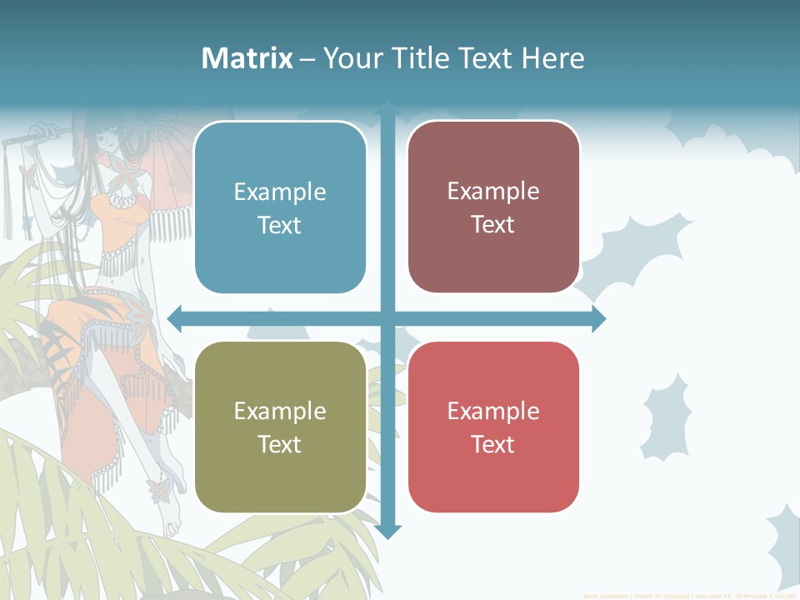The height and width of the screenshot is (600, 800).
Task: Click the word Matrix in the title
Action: [x=247, y=58]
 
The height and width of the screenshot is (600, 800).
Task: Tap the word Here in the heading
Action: [x=552, y=58]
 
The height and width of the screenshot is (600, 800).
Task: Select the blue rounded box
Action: [x=280, y=207]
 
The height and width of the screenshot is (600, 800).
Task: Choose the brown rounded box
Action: [x=493, y=207]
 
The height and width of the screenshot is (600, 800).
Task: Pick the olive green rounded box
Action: [x=280, y=427]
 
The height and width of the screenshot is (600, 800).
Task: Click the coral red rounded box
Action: [x=493, y=427]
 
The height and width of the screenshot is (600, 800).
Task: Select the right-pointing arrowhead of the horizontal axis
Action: [x=598, y=318]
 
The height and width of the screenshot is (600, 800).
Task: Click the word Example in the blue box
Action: [x=280, y=192]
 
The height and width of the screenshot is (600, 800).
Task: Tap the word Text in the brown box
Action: [x=493, y=225]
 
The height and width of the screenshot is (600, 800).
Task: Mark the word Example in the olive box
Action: [x=280, y=411]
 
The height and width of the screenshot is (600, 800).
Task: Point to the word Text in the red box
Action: [x=493, y=444]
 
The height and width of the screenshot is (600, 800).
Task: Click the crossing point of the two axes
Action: [x=387, y=318]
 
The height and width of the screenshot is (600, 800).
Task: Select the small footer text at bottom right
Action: [x=690, y=596]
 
